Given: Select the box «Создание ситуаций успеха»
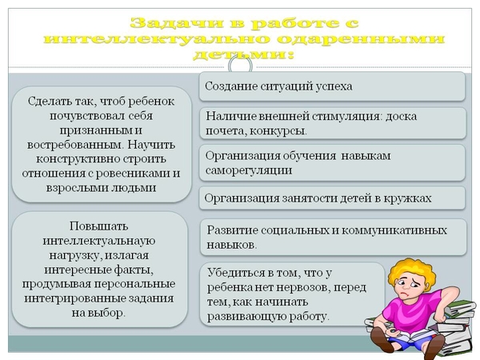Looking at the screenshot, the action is click(x=332, y=86).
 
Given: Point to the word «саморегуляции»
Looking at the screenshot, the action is click(x=249, y=170).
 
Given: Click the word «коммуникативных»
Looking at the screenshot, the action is click(x=394, y=230).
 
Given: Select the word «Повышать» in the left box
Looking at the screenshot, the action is click(x=99, y=226).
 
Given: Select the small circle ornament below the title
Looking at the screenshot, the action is click(x=240, y=66).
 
